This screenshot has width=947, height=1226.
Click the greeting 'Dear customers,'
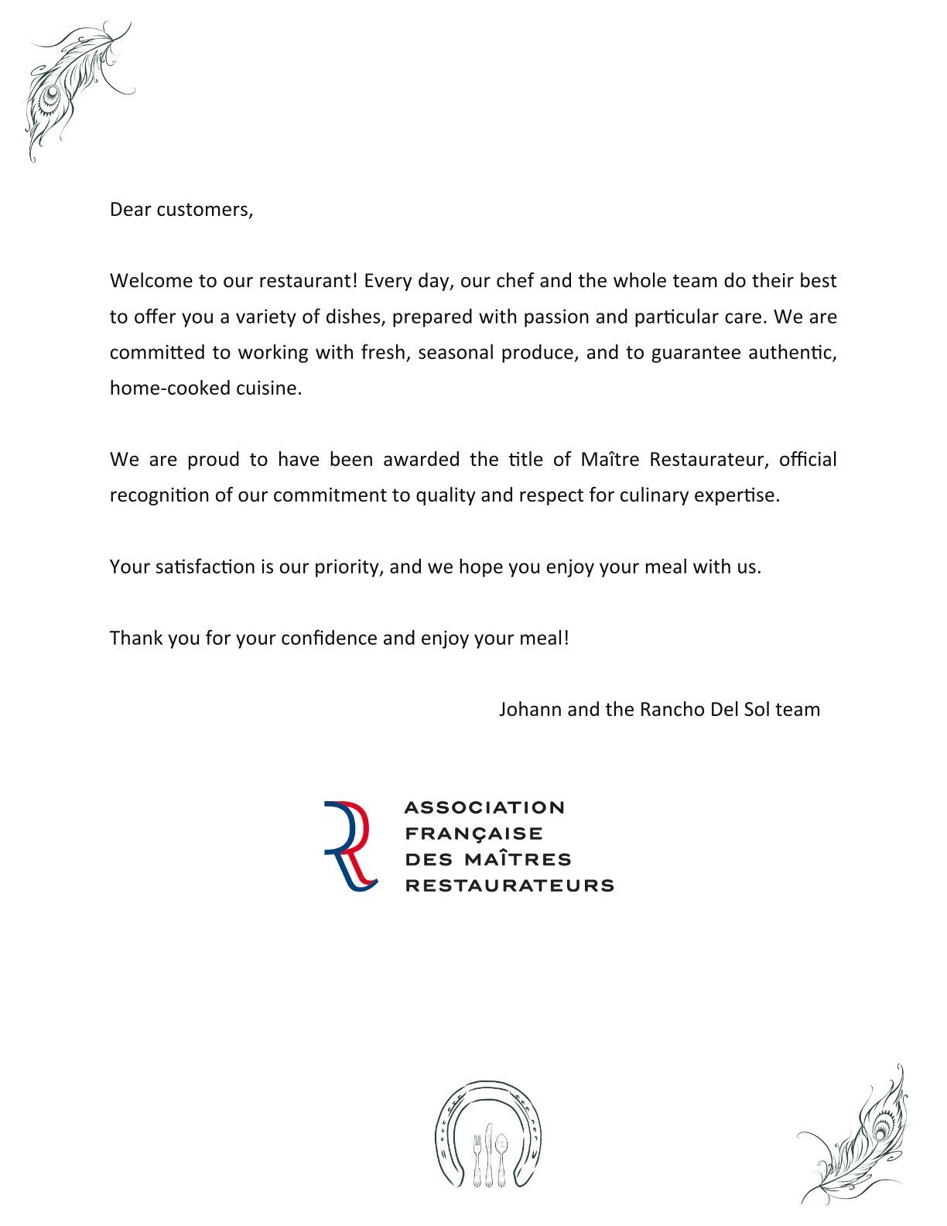coord(181,210)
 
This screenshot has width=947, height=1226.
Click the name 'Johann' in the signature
coord(530,709)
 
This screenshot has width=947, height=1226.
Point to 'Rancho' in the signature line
coord(672,709)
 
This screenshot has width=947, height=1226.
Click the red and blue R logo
coord(350,846)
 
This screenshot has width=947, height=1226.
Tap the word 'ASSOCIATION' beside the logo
coord(484,807)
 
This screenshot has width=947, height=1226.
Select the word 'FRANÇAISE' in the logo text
coord(473,834)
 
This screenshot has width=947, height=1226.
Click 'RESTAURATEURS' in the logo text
coord(509,885)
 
